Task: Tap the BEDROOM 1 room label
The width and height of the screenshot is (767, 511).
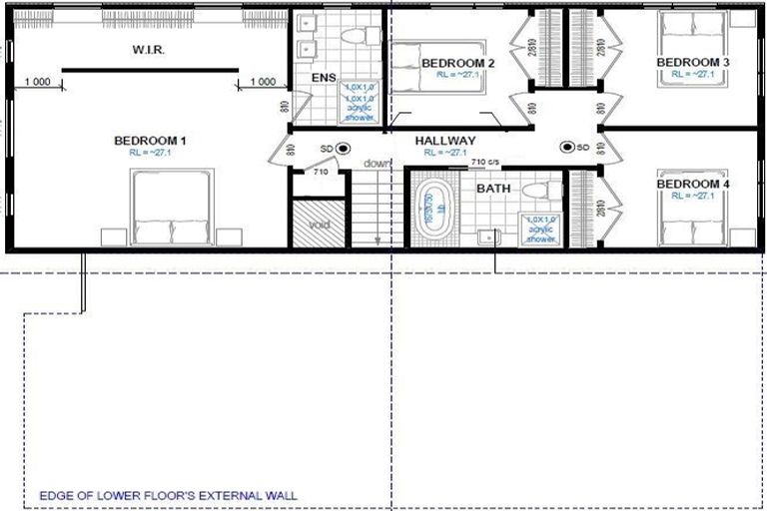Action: (151, 140)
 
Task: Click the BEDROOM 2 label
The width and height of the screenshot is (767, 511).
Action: (452, 63)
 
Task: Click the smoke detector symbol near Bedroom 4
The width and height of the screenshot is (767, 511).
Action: (567, 147)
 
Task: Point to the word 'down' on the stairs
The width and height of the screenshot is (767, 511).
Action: (377, 163)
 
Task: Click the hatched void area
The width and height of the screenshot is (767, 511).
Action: (319, 224)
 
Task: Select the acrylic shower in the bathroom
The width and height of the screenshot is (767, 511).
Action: (539, 230)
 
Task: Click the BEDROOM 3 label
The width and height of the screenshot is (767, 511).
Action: (692, 63)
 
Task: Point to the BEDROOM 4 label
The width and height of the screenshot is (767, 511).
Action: (692, 185)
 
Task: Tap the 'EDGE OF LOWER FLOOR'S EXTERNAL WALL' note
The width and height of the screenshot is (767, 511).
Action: (168, 494)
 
